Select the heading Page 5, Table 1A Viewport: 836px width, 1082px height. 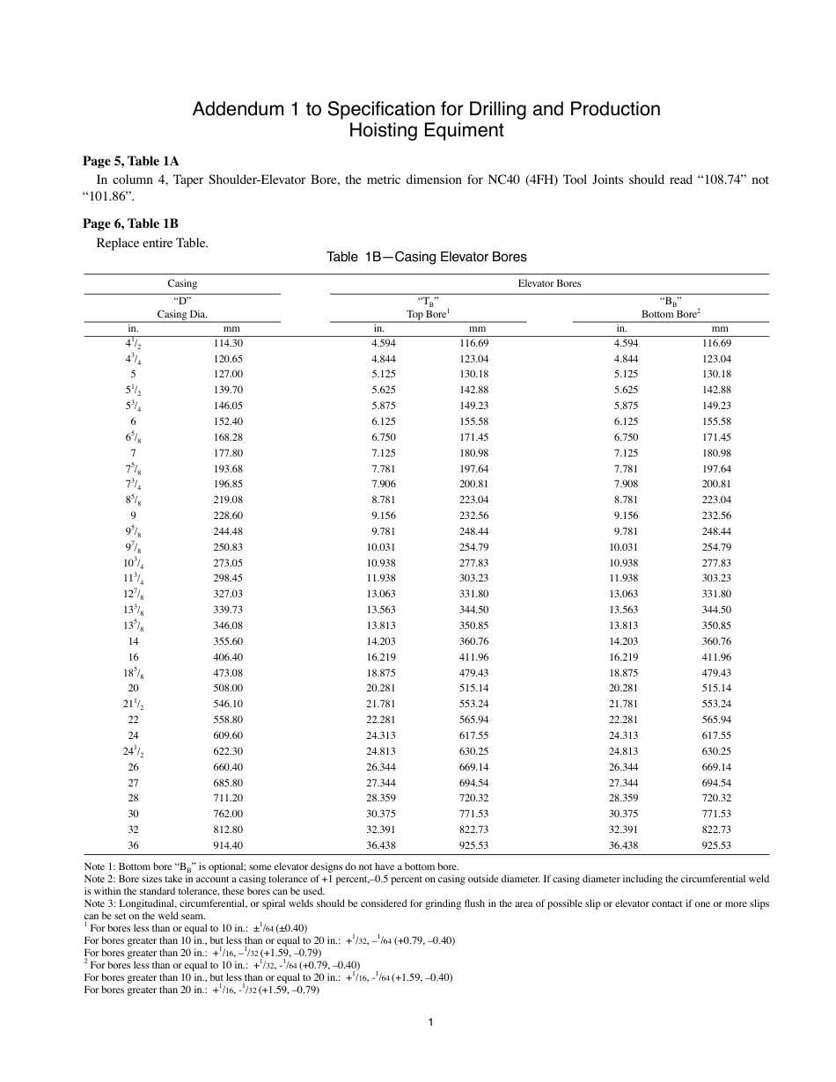coord(130,161)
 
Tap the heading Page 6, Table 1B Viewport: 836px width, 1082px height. coord(130,223)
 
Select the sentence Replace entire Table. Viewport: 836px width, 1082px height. coord(151,242)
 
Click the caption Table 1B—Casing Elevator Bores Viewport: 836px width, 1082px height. coord(426,257)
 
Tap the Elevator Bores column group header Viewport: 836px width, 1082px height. coord(549,283)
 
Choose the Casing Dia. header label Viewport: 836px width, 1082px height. coord(182,313)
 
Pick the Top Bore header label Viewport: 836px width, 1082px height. coord(427,313)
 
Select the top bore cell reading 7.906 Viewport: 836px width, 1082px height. coord(383,484)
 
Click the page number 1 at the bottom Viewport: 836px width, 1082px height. coord(427,1021)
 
